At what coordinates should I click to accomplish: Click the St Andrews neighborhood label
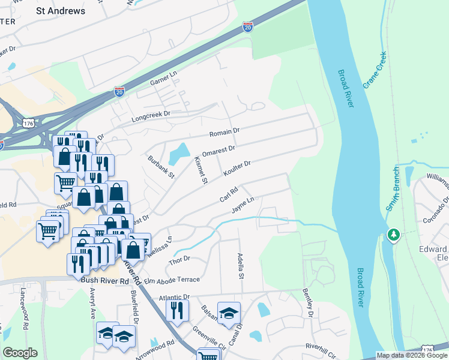pos(61,11)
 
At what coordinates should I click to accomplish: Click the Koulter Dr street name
pos(237,167)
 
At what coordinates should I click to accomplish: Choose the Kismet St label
pos(200,169)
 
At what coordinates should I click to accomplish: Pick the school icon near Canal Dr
pos(228,313)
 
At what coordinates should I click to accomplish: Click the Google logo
pos(20,352)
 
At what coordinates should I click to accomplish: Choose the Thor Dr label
pos(179,259)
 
